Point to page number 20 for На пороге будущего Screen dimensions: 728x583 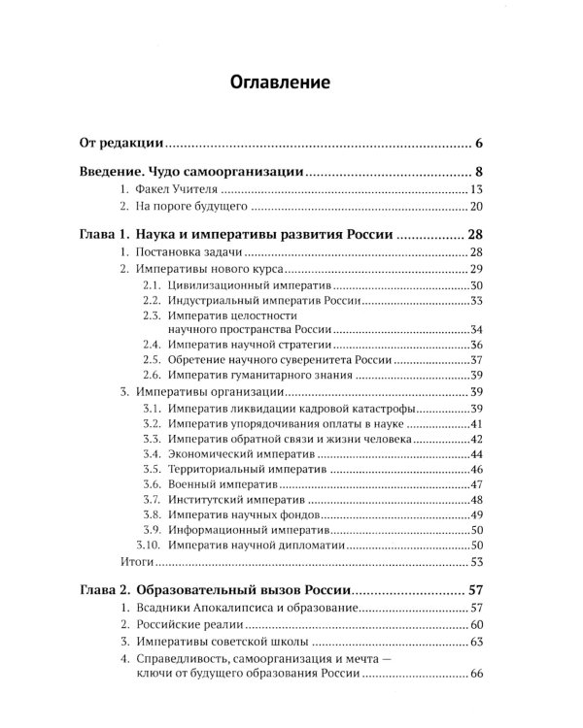point(476,208)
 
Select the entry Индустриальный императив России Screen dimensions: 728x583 point(264,302)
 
